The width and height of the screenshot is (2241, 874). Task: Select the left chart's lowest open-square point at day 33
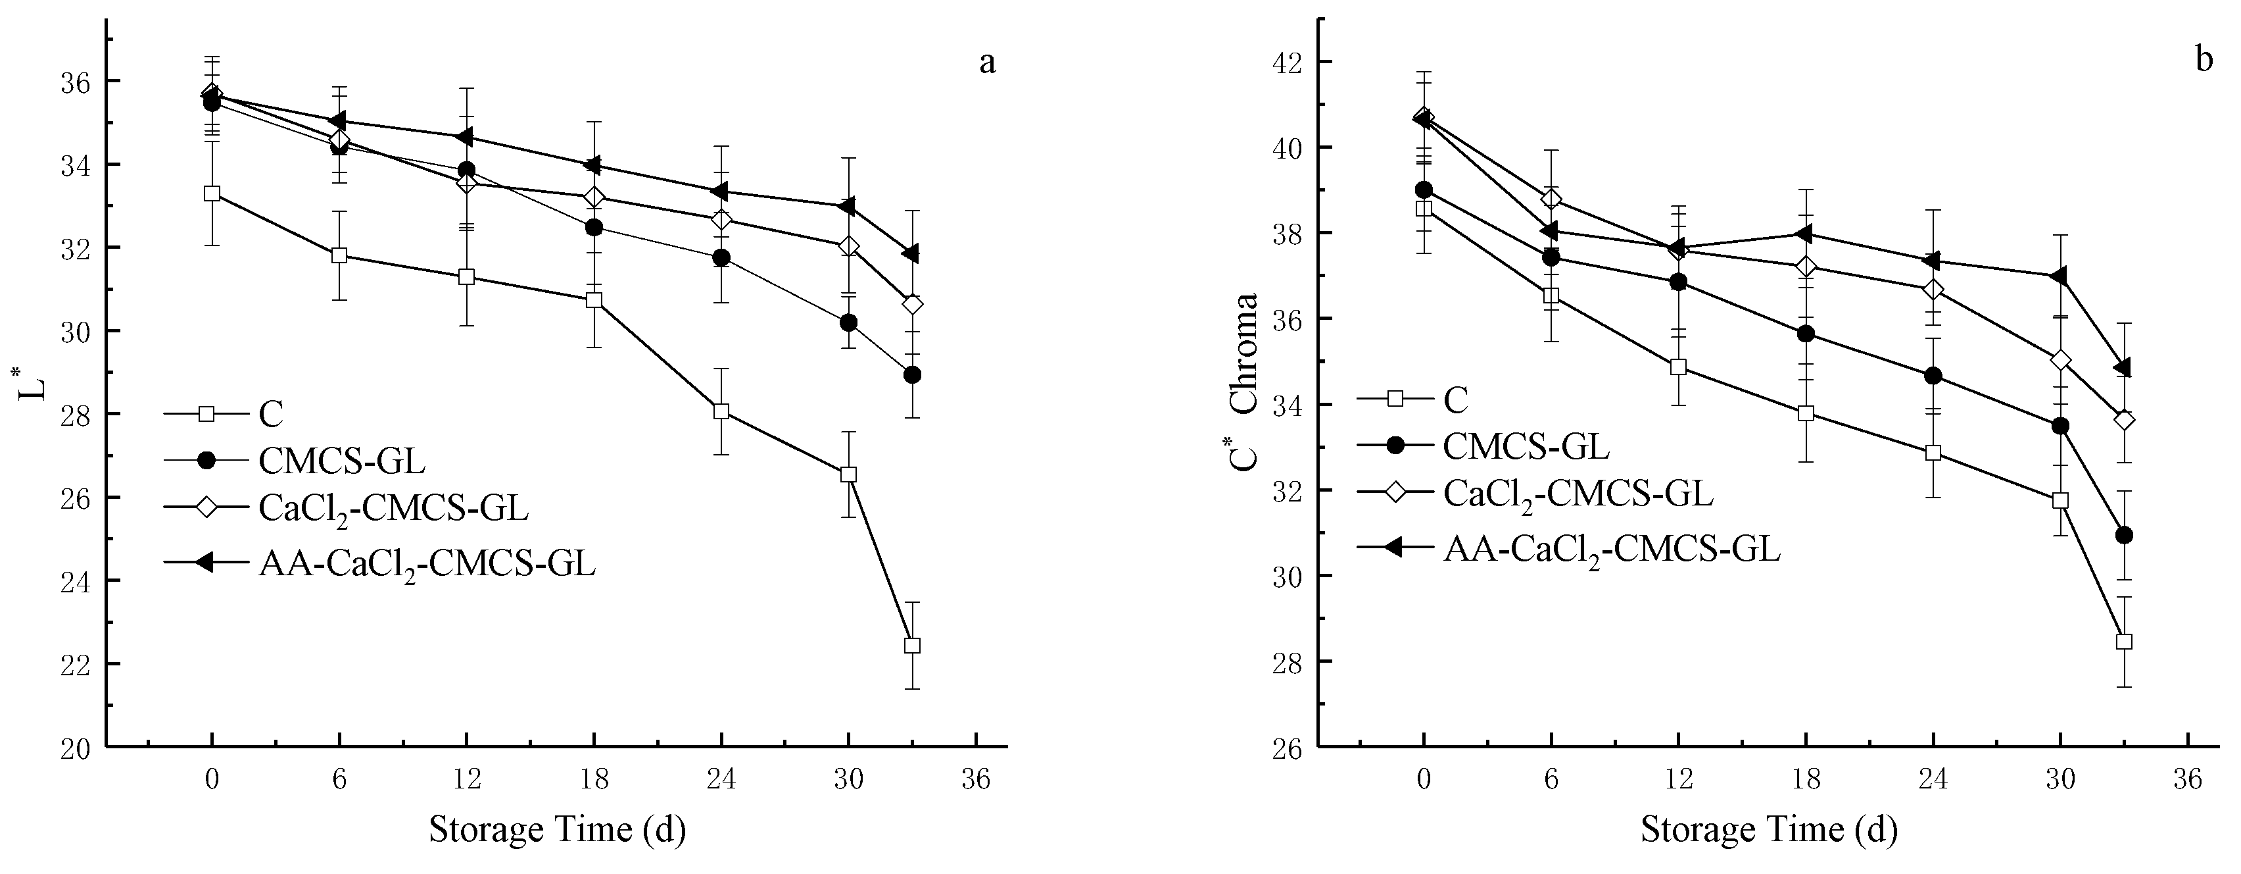tap(911, 646)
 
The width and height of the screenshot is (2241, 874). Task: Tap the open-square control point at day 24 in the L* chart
tap(721, 412)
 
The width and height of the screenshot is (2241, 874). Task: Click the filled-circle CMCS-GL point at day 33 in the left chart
tap(911, 375)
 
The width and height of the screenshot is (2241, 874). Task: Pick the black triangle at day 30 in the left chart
tap(848, 206)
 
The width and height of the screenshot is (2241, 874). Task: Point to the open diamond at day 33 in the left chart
tap(911, 305)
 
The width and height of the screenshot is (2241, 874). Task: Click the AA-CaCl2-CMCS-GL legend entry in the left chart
tap(426, 564)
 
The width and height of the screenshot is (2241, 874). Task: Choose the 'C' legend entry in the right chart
tap(1455, 399)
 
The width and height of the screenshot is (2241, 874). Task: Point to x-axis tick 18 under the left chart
tap(594, 779)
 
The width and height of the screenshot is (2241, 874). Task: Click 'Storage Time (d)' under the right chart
tap(1769, 829)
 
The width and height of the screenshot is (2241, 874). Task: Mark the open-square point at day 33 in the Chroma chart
tap(2123, 642)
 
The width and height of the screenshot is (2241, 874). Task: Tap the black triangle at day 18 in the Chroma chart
tap(1805, 233)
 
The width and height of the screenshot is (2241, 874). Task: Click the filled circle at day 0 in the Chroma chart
tap(1423, 190)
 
